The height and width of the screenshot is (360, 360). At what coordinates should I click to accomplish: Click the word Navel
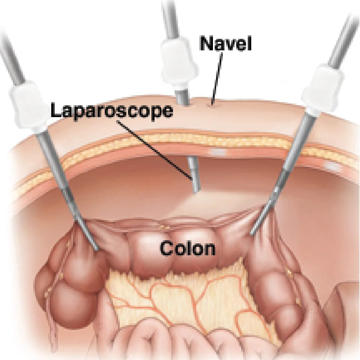(x=226, y=44)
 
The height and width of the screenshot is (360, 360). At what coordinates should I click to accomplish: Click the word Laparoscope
(x=112, y=111)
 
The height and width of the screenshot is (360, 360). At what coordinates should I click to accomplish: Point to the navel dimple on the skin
(x=212, y=105)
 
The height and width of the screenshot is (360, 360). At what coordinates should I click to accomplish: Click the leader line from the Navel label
(x=217, y=78)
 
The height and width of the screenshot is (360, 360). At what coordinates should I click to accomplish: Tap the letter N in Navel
(x=206, y=44)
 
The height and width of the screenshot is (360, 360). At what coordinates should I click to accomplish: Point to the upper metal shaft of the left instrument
(x=12, y=58)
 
